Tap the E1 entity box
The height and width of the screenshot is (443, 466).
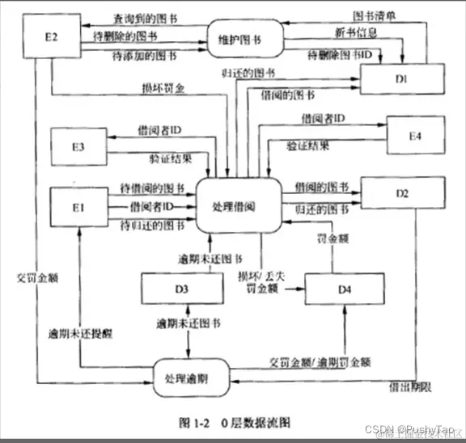(x=78, y=207)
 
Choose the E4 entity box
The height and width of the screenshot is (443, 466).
(x=414, y=135)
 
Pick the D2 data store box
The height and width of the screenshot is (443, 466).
(x=401, y=194)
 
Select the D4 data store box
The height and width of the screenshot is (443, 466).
(x=345, y=289)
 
